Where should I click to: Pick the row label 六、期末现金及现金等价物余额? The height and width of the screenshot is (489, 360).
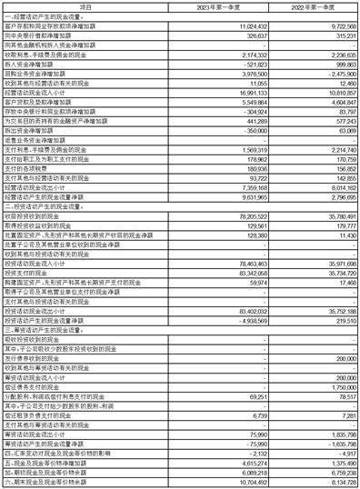pos(46,482)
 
